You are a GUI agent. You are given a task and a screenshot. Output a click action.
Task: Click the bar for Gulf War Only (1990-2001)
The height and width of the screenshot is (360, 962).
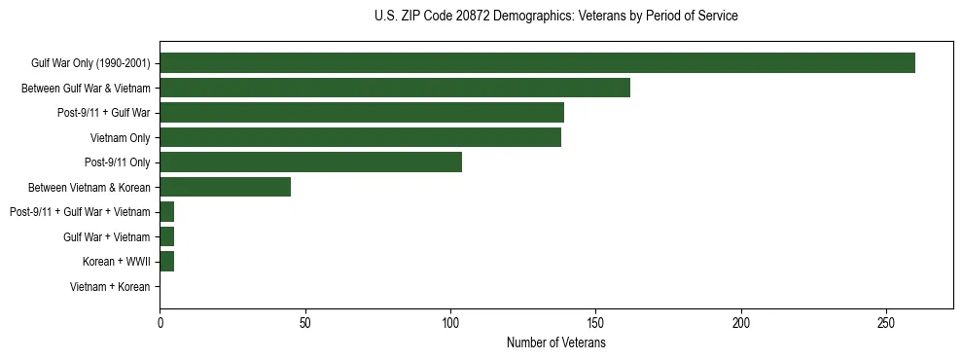(537, 63)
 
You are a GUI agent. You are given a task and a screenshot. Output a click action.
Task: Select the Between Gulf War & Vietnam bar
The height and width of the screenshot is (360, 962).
(395, 88)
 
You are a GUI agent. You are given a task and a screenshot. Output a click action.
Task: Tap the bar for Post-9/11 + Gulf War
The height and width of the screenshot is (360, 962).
(362, 113)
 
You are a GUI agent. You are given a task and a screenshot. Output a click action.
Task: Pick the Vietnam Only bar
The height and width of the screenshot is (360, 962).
(360, 137)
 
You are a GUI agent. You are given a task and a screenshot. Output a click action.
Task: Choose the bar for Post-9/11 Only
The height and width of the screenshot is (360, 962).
(310, 162)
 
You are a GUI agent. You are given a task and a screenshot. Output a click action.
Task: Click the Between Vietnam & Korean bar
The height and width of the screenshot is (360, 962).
(225, 187)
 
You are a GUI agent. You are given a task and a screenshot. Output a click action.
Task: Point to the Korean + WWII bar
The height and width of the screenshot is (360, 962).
(166, 262)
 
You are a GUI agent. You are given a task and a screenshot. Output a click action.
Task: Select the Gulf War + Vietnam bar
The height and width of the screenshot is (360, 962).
(166, 236)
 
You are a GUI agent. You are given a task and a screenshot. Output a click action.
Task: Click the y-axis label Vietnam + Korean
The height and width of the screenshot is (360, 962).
(110, 287)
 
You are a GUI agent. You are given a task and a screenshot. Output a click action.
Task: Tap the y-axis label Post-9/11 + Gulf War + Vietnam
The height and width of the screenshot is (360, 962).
(80, 212)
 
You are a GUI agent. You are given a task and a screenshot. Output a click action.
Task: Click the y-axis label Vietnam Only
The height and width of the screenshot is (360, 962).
(120, 138)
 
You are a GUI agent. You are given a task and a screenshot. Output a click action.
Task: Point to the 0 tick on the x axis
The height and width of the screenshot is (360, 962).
(160, 322)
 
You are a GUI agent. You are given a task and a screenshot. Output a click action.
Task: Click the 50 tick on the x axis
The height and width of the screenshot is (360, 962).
(305, 322)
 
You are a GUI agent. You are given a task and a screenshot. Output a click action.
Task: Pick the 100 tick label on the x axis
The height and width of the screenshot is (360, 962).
(450, 322)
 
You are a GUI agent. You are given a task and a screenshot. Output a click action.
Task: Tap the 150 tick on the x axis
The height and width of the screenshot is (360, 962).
(596, 322)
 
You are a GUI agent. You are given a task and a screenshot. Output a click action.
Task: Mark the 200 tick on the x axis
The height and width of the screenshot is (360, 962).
(741, 322)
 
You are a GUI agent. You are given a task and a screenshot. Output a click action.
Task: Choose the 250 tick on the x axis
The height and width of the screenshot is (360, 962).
(886, 322)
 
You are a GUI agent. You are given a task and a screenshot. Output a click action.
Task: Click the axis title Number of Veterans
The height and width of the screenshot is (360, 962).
(556, 342)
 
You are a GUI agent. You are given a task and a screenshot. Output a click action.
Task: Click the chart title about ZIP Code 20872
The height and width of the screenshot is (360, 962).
(555, 17)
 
